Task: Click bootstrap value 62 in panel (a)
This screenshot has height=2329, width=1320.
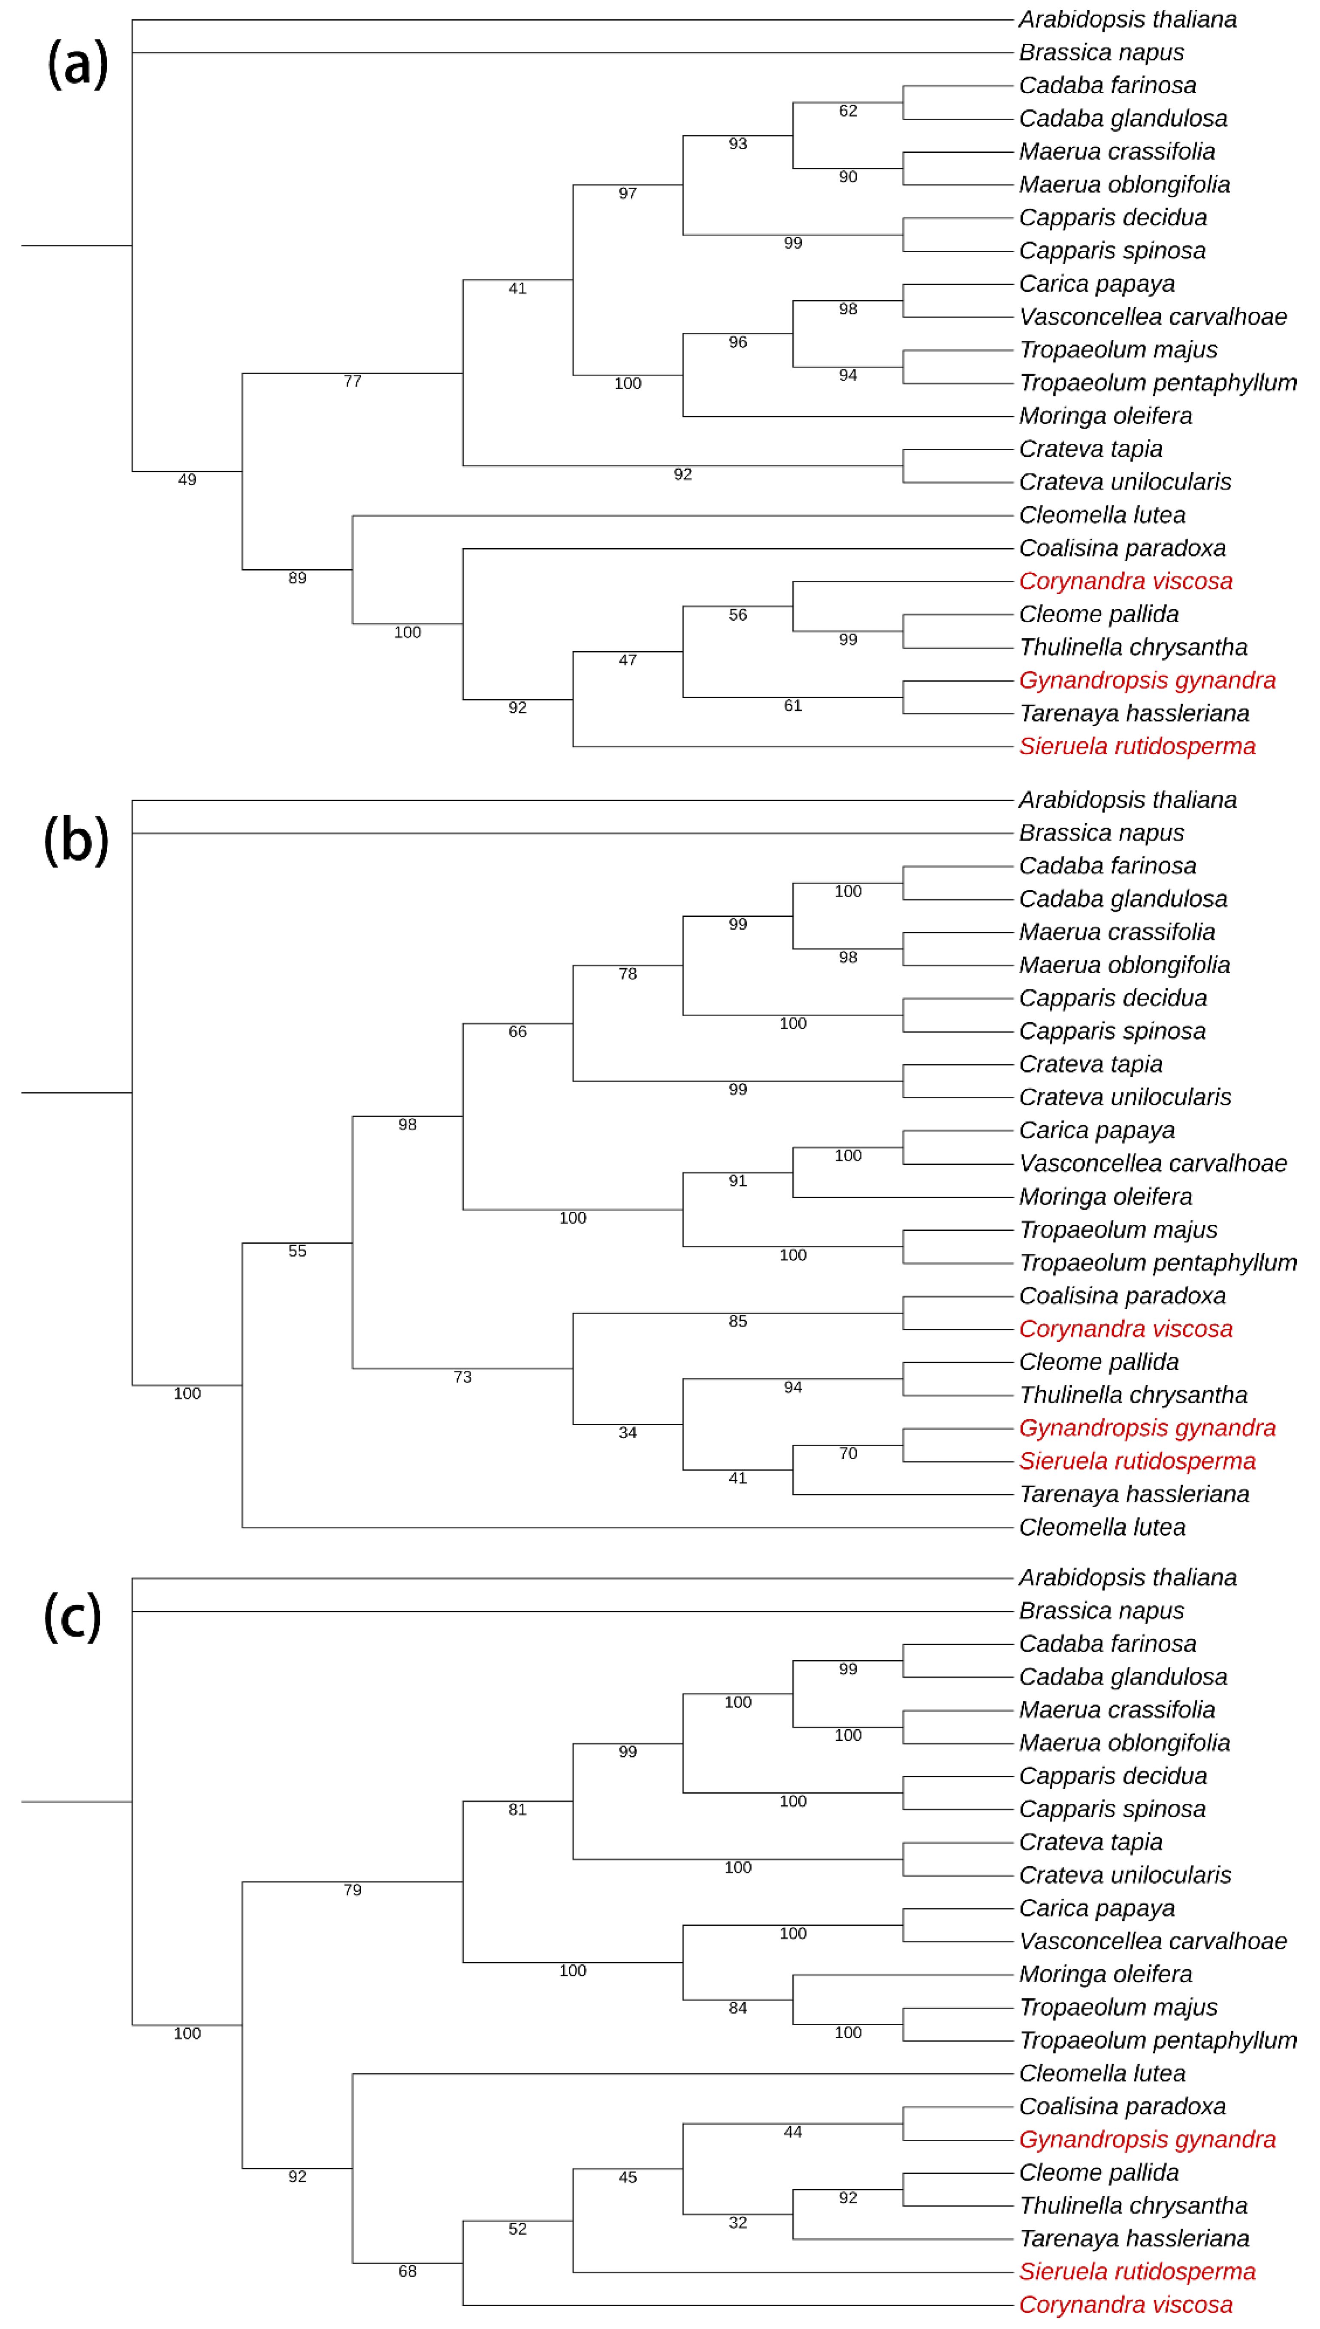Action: pyautogui.click(x=848, y=111)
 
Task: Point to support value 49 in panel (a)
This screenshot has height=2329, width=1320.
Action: pyautogui.click(x=187, y=480)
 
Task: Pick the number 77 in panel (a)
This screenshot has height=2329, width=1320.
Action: pyautogui.click(x=353, y=382)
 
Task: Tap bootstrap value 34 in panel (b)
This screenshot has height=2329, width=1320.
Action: pyautogui.click(x=627, y=1432)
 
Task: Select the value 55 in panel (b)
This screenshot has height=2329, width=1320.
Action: pyautogui.click(x=297, y=1251)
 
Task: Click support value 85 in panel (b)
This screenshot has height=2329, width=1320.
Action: pyautogui.click(x=738, y=1321)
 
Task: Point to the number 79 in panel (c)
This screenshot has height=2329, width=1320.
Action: pyautogui.click(x=353, y=1890)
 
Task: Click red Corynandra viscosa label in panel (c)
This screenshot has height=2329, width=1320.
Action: pyautogui.click(x=1125, y=2305)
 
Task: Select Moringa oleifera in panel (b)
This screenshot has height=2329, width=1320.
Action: pyautogui.click(x=1105, y=1197)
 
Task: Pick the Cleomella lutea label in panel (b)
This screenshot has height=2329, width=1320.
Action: pyautogui.click(x=1102, y=1528)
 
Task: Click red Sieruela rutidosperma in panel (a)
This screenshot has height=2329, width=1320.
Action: pyautogui.click(x=1137, y=746)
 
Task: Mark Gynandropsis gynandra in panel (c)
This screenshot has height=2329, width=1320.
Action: pyautogui.click(x=1147, y=2139)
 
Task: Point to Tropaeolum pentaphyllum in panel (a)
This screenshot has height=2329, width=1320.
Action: pyautogui.click(x=1158, y=383)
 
